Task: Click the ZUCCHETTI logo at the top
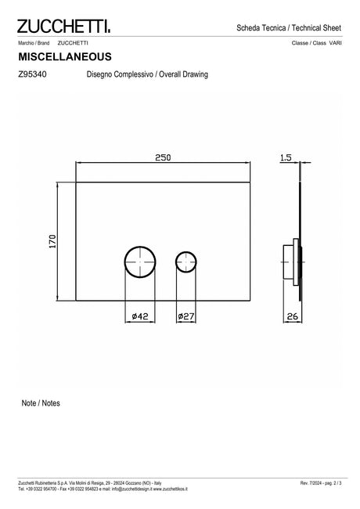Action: click(x=63, y=27)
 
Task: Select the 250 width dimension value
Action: click(x=163, y=157)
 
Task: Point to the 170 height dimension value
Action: click(x=52, y=241)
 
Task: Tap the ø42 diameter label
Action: click(x=140, y=316)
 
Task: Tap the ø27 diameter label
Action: click(x=185, y=316)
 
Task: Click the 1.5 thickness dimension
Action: click(x=286, y=157)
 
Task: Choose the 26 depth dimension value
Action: click(x=293, y=316)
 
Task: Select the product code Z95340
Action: click(x=32, y=74)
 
